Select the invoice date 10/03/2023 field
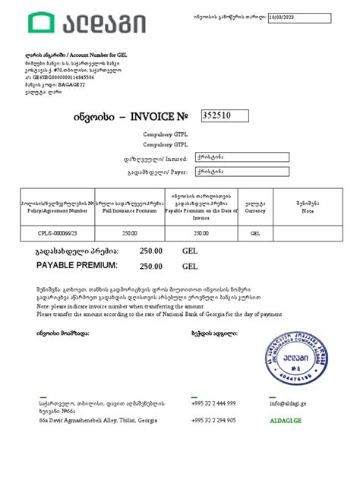[297, 17]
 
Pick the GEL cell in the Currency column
[255, 234]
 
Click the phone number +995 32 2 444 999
[214, 403]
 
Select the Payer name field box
[242, 172]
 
